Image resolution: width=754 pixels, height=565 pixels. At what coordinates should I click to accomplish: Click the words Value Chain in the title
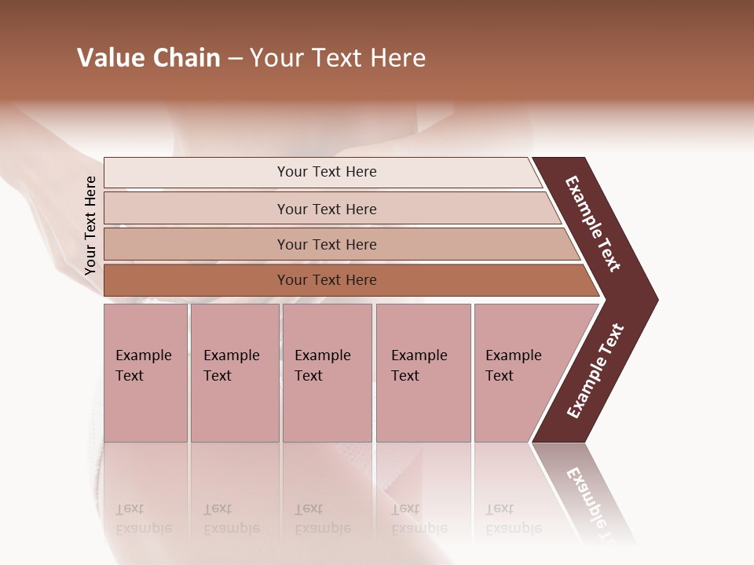tap(148, 58)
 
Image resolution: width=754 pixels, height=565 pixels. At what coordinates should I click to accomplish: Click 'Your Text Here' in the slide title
tap(338, 58)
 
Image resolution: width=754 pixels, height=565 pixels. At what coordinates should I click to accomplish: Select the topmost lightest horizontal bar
tap(196, 173)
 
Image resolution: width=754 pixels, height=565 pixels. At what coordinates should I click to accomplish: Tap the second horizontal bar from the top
tap(196, 209)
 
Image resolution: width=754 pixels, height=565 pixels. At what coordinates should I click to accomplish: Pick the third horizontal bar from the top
tap(196, 244)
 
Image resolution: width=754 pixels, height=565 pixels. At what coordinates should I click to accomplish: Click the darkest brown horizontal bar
tap(196, 280)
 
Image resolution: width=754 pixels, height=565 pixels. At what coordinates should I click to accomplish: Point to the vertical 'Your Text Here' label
tap(90, 226)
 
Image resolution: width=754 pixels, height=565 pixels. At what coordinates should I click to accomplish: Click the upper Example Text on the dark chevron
tap(593, 224)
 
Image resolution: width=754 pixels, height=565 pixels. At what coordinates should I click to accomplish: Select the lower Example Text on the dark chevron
tap(595, 371)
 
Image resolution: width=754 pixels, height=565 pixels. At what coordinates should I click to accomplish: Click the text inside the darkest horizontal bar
tap(327, 280)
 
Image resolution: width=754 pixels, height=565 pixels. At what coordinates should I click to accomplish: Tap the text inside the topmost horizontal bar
tap(327, 172)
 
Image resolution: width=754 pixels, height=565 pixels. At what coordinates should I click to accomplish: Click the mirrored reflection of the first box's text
tap(143, 519)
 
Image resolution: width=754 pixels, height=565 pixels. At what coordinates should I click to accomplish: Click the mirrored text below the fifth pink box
tap(513, 519)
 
